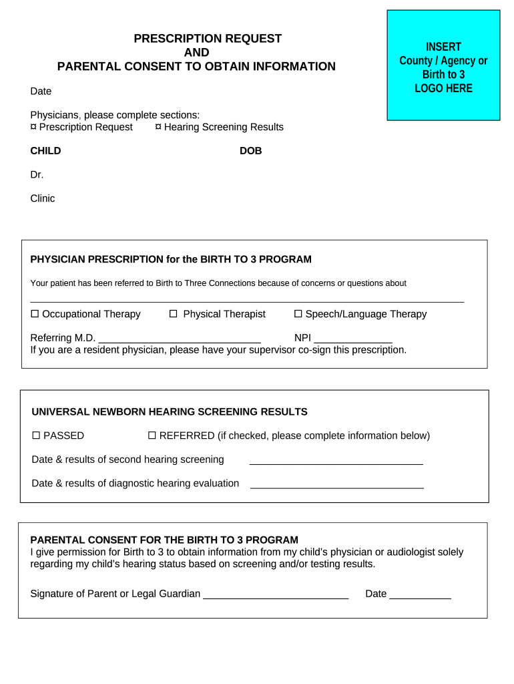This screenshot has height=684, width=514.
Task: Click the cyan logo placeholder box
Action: point(443,65)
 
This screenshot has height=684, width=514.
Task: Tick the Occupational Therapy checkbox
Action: point(35,314)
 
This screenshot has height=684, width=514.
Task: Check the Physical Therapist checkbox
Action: point(173,314)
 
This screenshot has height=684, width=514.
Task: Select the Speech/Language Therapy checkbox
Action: point(298,314)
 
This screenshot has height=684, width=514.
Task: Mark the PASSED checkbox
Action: point(37,436)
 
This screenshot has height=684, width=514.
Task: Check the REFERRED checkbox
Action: point(152,436)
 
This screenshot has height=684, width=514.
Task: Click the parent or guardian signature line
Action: point(276,596)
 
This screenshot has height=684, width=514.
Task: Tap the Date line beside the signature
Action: point(420,596)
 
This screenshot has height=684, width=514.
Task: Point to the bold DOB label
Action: point(251,151)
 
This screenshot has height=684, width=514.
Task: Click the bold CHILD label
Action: point(45,151)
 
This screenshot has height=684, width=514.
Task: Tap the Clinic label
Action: point(43,198)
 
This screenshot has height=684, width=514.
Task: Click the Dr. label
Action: point(37,174)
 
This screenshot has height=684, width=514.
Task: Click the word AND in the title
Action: point(196,53)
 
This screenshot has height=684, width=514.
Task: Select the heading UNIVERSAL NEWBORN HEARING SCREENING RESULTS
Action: point(170,411)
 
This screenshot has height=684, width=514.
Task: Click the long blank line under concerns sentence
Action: point(247,301)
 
